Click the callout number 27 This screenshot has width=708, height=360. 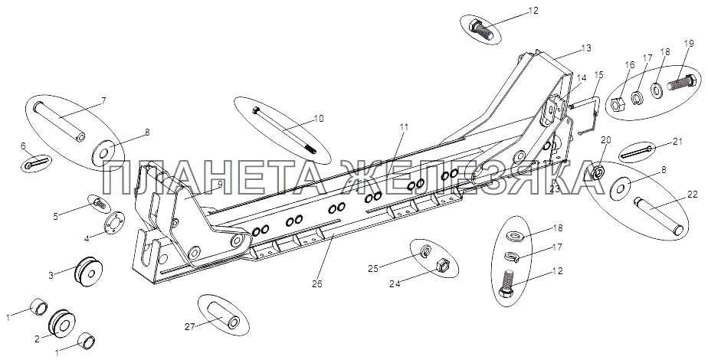click(x=190, y=326)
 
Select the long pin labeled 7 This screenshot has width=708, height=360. click(x=60, y=121)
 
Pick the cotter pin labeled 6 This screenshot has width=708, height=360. click(x=36, y=163)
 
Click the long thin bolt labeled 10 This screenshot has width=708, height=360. click(x=284, y=131)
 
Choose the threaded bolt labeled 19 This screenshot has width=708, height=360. click(x=682, y=82)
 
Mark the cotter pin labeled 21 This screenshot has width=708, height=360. click(x=636, y=153)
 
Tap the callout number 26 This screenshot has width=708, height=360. click(x=317, y=285)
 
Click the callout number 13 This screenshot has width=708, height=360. click(x=586, y=47)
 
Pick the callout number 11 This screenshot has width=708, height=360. click(x=404, y=127)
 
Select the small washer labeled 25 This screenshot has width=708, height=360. click(x=425, y=252)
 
